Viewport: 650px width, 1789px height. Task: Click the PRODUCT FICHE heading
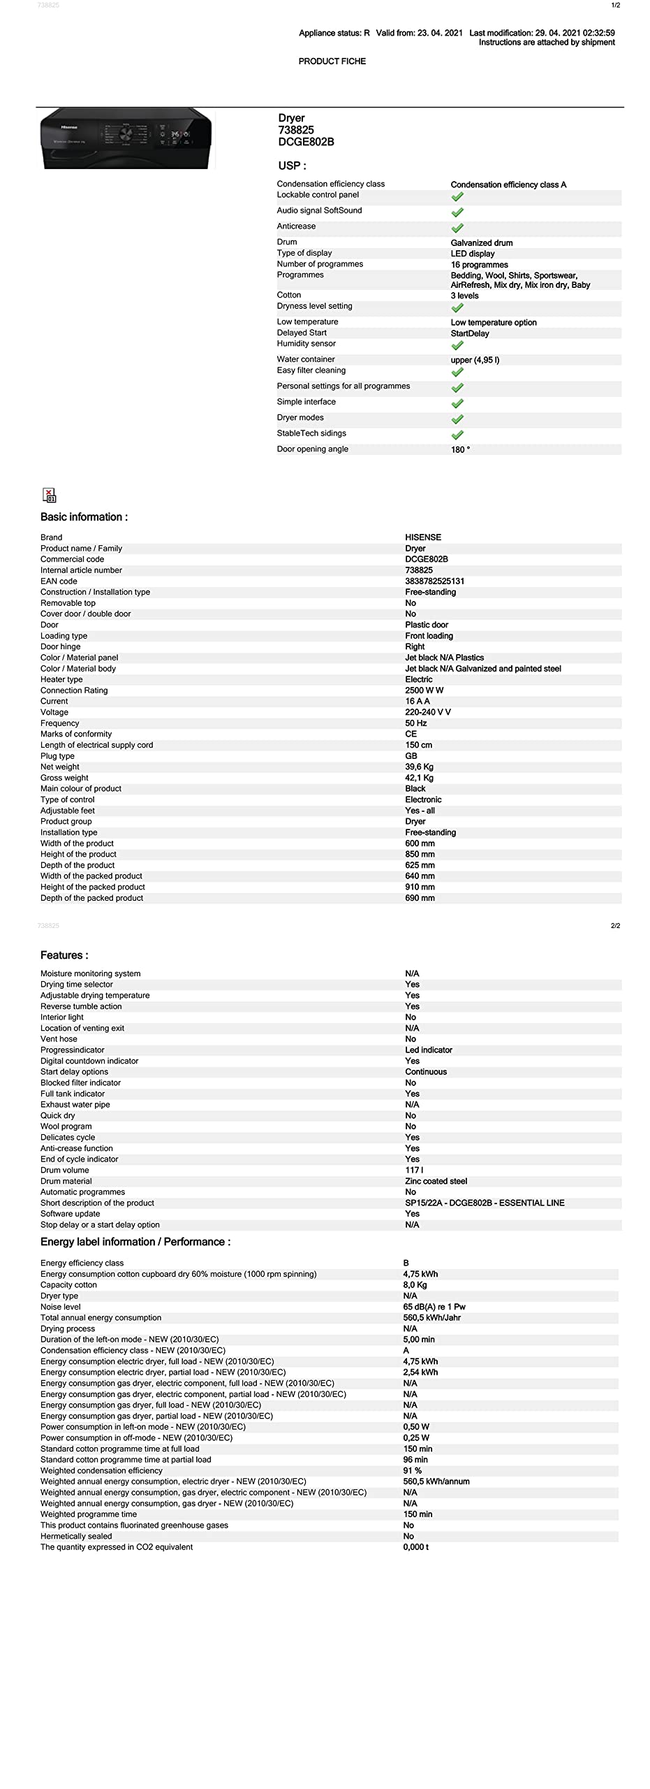[x=332, y=61]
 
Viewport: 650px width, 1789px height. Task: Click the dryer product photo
[x=126, y=138]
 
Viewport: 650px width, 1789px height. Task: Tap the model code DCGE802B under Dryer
[x=306, y=142]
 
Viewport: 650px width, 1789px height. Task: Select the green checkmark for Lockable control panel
[x=457, y=196]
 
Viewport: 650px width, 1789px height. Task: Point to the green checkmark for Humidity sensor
[x=457, y=345]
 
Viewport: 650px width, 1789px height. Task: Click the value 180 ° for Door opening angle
[x=460, y=450]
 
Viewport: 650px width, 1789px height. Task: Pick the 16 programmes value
[x=479, y=265]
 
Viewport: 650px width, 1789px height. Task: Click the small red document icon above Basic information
[x=49, y=495]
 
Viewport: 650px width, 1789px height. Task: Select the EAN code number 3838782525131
[x=434, y=581]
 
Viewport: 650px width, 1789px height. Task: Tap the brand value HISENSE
[x=423, y=537]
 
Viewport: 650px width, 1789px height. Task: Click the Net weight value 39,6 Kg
[x=419, y=767]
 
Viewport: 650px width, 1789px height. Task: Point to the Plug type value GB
[x=411, y=756]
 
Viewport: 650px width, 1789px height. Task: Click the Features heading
[x=64, y=955]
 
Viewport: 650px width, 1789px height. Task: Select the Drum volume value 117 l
[x=414, y=1170]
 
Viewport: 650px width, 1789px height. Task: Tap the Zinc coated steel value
[x=436, y=1181]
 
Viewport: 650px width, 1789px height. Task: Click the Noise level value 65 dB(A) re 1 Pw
[x=434, y=1307]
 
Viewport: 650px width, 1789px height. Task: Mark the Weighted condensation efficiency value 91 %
[x=412, y=1470]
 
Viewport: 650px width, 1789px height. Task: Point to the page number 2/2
[x=615, y=926]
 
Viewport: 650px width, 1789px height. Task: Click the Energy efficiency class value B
[x=406, y=1263]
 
